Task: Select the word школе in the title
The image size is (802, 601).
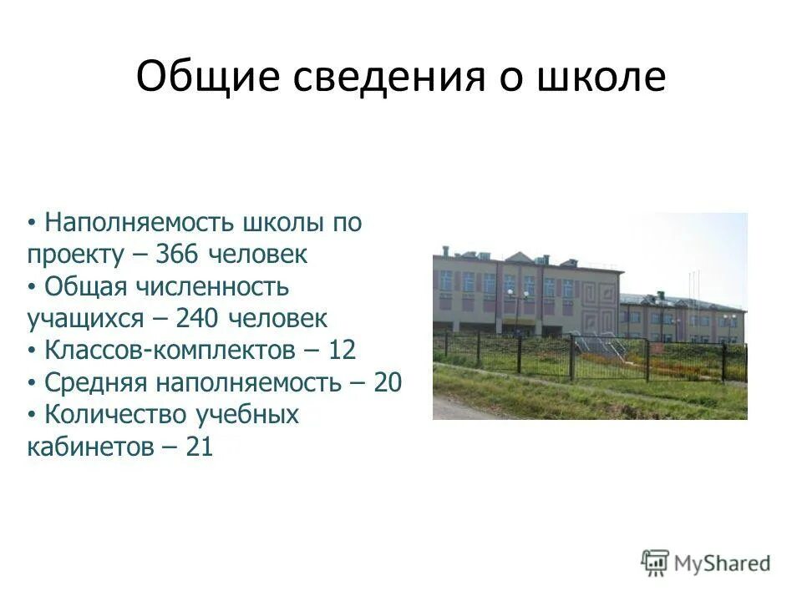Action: pyautogui.click(x=612, y=78)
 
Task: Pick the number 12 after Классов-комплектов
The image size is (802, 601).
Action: pyautogui.click(x=342, y=351)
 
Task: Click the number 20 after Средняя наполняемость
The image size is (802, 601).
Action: pyautogui.click(x=388, y=383)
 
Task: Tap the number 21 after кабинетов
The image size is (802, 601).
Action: pyautogui.click(x=200, y=447)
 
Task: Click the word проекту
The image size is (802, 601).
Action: pyautogui.click(x=75, y=255)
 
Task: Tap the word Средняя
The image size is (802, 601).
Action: pyautogui.click(x=93, y=383)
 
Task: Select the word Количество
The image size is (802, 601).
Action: pyautogui.click(x=116, y=415)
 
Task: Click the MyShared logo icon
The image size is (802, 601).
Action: pyautogui.click(x=655, y=563)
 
